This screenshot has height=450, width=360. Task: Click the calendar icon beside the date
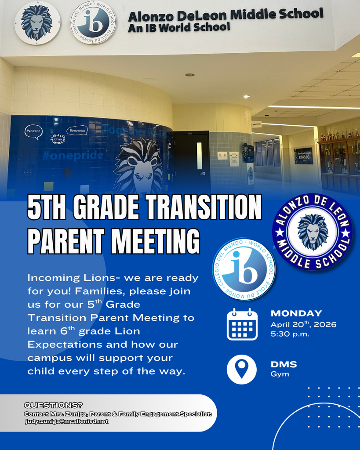point(242,324)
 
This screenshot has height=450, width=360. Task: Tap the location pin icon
point(241,369)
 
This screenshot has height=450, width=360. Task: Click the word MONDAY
point(296,313)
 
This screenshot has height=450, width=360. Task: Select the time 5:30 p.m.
point(290,334)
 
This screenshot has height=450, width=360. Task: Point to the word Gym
point(280,374)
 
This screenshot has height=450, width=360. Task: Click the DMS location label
point(284,364)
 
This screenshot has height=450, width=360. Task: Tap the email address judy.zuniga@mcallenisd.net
point(66,421)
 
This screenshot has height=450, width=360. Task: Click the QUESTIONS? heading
point(53,405)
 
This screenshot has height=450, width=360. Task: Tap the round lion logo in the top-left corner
point(37,22)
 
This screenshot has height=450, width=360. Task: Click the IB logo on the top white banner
point(93,22)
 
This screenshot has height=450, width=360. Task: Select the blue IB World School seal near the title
point(244,269)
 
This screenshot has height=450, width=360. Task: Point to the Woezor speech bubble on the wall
point(33,131)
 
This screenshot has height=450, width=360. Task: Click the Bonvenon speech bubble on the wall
point(77,131)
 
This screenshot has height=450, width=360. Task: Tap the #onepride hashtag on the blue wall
point(73,155)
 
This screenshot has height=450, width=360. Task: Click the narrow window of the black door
point(199,156)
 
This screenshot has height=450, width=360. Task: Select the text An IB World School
point(179,28)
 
